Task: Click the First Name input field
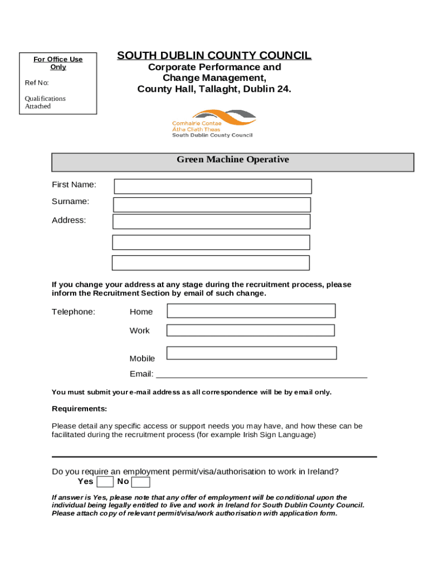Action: [x=213, y=186]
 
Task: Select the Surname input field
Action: [x=212, y=205]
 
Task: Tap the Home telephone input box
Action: [x=251, y=311]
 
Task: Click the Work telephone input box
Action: [x=251, y=330]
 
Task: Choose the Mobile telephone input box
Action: [x=251, y=353]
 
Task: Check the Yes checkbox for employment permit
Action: [x=105, y=482]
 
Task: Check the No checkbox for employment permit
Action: [x=140, y=482]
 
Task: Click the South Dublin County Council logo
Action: [x=213, y=123]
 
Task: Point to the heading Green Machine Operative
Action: [x=233, y=160]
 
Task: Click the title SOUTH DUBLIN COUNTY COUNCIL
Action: [x=214, y=56]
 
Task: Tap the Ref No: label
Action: [x=37, y=83]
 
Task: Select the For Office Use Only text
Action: [x=58, y=63]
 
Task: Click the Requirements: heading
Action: [x=79, y=409]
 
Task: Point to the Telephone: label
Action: [x=74, y=312]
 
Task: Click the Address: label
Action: [x=69, y=220]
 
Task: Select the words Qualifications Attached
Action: [x=45, y=103]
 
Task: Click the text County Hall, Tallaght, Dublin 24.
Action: [x=214, y=89]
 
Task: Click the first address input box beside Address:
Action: [x=211, y=221]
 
